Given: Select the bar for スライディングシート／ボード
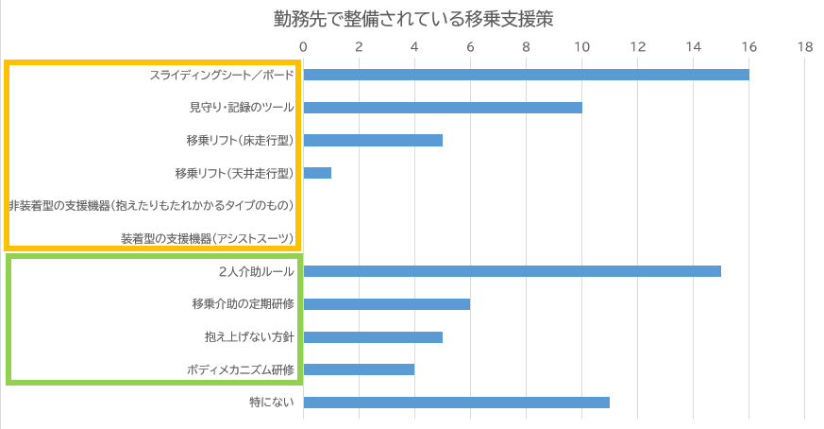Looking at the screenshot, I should pyautogui.click(x=526, y=75).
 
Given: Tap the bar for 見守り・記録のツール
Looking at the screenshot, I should pyautogui.click(x=443, y=108).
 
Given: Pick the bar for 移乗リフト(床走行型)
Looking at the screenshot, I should pyautogui.click(x=373, y=141).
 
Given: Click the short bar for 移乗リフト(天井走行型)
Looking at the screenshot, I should pyautogui.click(x=317, y=173).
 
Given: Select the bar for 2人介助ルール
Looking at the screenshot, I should pyautogui.click(x=512, y=271).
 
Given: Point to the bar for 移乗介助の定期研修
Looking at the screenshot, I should pyautogui.click(x=387, y=304).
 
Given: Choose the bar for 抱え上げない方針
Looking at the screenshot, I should pyautogui.click(x=373, y=336).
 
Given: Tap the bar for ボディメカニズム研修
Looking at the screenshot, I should pyautogui.click(x=359, y=369).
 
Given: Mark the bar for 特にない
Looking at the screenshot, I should pyautogui.click(x=457, y=403).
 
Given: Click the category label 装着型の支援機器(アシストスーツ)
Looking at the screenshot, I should pyautogui.click(x=208, y=238).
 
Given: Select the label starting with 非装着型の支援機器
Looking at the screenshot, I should pyautogui.click(x=152, y=205).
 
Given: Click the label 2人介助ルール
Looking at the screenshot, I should pyautogui.click(x=256, y=271).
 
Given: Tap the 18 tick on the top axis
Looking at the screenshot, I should pyautogui.click(x=804, y=46).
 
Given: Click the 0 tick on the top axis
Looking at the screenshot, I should pyautogui.click(x=303, y=46).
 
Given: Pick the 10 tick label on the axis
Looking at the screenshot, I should pyautogui.click(x=581, y=46).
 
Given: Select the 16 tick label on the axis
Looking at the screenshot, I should pyautogui.click(x=748, y=46).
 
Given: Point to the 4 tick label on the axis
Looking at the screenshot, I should pyautogui.click(x=414, y=46).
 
